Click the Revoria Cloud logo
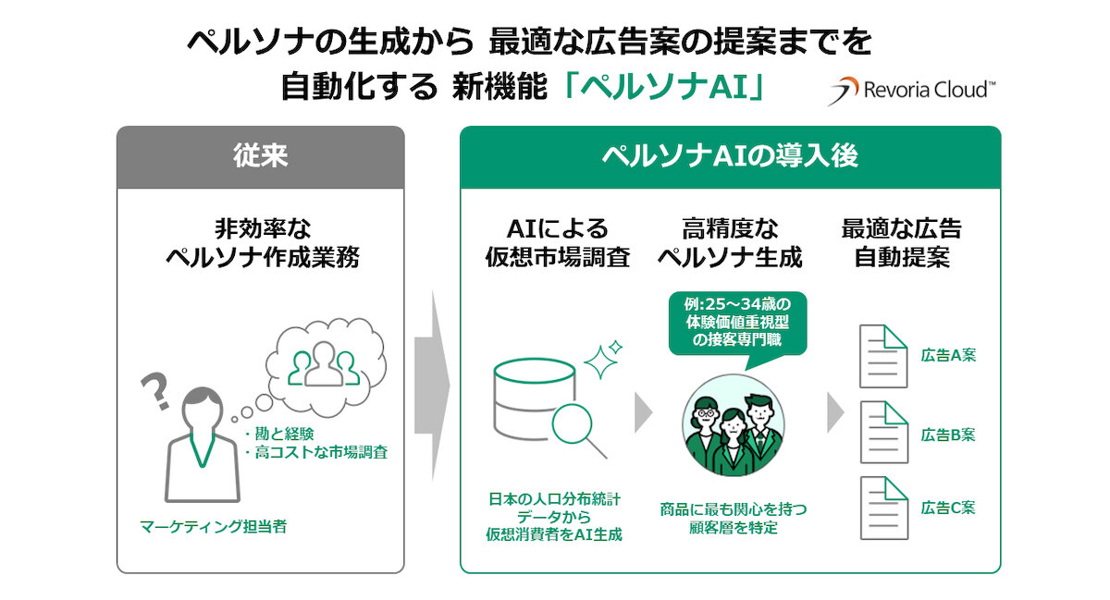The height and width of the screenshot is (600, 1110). [911, 91]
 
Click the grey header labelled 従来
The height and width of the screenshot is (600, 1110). [260, 155]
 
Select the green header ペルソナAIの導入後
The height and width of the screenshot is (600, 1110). [730, 155]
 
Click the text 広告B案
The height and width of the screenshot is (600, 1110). [948, 435]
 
